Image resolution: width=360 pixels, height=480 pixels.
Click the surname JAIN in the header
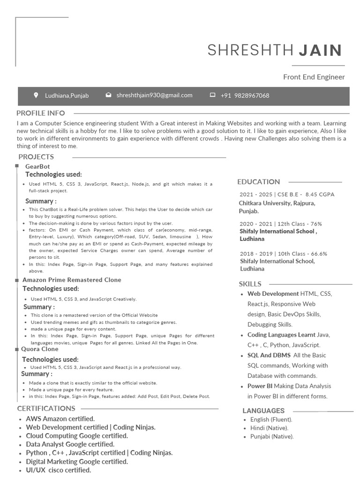click(x=320, y=50)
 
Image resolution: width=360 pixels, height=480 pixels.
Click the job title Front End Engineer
click(x=314, y=77)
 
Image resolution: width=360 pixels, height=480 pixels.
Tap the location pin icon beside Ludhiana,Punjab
click(x=36, y=95)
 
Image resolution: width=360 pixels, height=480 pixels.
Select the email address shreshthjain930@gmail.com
click(x=154, y=95)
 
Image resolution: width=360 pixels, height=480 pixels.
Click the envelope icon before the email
click(x=108, y=95)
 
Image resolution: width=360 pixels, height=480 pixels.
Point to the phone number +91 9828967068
click(x=245, y=96)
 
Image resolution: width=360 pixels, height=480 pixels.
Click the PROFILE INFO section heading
click(x=41, y=113)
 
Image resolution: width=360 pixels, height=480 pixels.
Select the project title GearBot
click(x=37, y=166)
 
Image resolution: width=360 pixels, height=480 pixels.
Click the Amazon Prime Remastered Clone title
click(x=72, y=280)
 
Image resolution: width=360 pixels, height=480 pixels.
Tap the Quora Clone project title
click(x=40, y=349)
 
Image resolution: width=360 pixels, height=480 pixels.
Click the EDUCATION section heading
click(x=258, y=182)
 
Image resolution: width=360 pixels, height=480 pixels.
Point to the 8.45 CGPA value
click(x=320, y=195)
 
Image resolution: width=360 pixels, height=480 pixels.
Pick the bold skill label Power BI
click(x=260, y=386)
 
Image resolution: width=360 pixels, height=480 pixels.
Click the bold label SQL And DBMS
click(x=269, y=355)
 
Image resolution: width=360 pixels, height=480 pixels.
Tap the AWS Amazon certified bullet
click(x=60, y=419)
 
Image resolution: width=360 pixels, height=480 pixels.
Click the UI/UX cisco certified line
click(x=58, y=470)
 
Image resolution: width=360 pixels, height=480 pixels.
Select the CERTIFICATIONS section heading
click(x=46, y=408)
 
